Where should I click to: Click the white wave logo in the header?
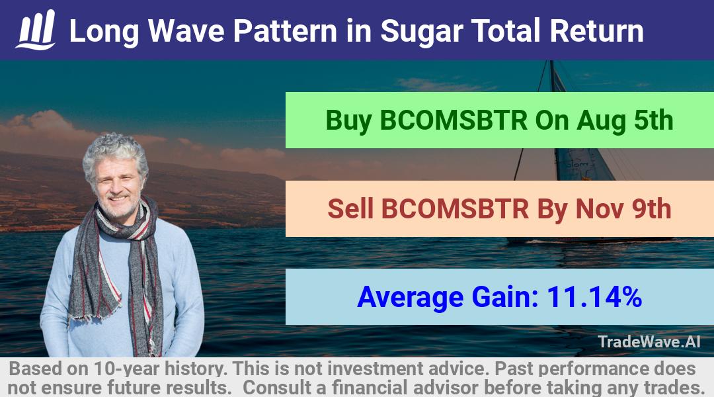36,30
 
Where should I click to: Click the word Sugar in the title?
422,32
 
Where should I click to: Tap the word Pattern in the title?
285,31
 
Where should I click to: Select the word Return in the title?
596,31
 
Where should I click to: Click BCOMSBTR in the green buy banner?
454,120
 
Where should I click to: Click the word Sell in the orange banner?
350,208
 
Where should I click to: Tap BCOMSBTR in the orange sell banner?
455,208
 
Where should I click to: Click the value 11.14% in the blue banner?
594,296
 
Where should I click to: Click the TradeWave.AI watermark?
649,341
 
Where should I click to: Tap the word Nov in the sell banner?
599,208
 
